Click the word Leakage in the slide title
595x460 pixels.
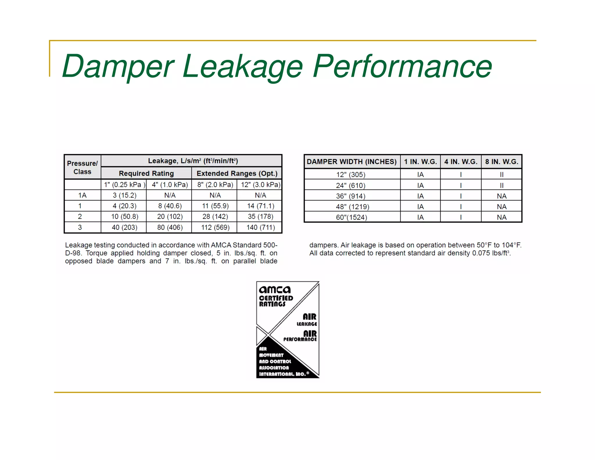tap(243, 67)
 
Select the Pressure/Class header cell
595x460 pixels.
tap(82, 167)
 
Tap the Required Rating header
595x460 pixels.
tap(146, 173)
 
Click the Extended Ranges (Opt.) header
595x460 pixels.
tap(237, 173)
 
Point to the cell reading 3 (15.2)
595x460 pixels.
tap(124, 195)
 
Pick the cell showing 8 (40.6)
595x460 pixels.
tap(170, 206)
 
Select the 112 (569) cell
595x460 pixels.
tap(215, 227)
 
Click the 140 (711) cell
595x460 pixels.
tap(261, 227)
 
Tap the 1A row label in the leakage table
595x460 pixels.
tap(82, 195)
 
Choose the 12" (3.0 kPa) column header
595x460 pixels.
tap(260, 185)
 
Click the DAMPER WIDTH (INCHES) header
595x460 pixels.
tap(352, 162)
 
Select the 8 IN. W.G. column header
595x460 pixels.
tap(501, 162)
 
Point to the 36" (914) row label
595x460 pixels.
tap(350, 196)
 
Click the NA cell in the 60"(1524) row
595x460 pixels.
tap(501, 217)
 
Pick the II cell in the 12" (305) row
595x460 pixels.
tap(501, 174)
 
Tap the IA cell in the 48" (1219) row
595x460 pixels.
tap(420, 207)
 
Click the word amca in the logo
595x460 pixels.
tap(275, 290)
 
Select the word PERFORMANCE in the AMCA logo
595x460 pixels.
tap(300, 339)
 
